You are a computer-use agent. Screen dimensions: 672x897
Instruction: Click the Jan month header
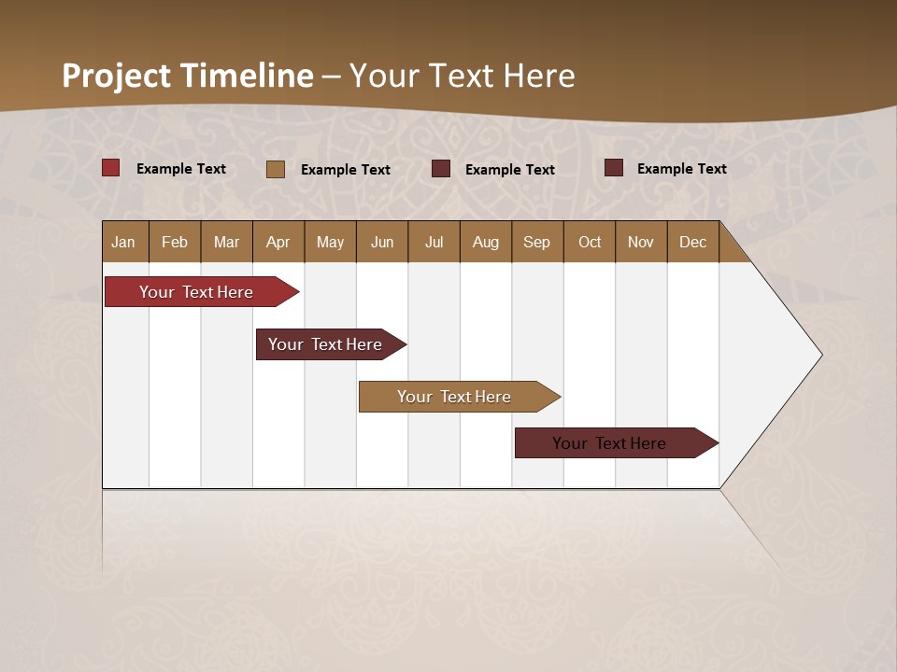coord(124,242)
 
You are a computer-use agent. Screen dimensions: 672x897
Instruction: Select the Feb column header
coord(175,242)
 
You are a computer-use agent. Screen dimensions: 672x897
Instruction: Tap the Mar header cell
coord(226,242)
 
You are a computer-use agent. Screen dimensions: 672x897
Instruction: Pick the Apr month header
coord(278,242)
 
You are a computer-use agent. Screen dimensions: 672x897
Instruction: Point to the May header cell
coord(330,242)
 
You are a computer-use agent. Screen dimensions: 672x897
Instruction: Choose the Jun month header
coord(382,242)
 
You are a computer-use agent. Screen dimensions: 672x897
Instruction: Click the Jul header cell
coord(434,242)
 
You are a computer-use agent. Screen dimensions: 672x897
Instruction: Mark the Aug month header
coord(486,242)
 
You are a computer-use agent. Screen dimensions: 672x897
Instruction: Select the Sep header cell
coord(537,242)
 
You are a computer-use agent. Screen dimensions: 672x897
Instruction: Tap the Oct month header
coord(590,242)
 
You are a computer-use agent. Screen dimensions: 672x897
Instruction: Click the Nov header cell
coord(641,242)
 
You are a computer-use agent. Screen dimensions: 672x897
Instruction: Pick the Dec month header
coord(692,242)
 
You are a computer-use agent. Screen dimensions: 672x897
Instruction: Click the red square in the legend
coord(111,168)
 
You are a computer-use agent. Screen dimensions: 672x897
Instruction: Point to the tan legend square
coord(276,169)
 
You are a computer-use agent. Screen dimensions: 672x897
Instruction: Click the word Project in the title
coord(117,76)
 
